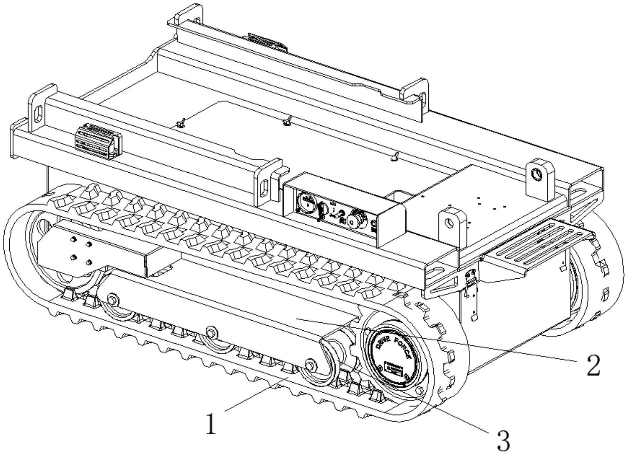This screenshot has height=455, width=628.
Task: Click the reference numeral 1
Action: (x=211, y=423)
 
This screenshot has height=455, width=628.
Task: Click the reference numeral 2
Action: (x=593, y=365)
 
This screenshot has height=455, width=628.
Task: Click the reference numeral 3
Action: (x=504, y=440)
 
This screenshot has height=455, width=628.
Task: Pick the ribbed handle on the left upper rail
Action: (x=97, y=140)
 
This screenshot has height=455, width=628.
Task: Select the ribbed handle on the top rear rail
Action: (x=267, y=42)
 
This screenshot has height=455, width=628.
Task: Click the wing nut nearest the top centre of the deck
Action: (x=287, y=123)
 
